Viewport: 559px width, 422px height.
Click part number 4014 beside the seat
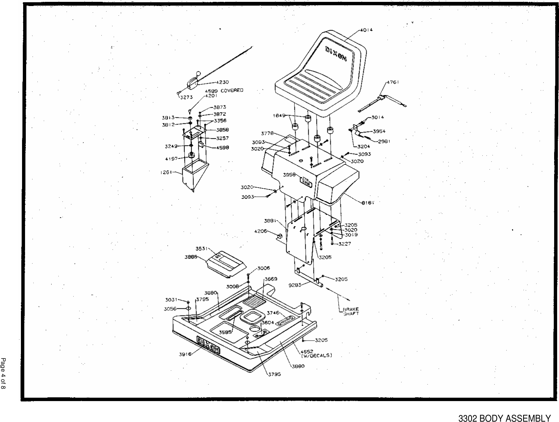367,30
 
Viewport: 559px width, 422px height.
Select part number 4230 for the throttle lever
223,82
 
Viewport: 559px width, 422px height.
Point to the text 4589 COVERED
223,90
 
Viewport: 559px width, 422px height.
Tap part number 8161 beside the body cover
368,203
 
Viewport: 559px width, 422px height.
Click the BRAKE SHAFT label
351,311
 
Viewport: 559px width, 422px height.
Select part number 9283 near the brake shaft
295,285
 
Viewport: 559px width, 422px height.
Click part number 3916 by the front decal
185,354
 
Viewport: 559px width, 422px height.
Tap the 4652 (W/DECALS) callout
316,353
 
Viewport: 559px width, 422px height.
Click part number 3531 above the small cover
202,249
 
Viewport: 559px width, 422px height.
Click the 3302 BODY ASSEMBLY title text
504,418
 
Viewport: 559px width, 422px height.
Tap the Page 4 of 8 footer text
3,374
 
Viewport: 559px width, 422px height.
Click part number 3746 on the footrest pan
273,313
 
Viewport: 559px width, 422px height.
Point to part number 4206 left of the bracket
260,231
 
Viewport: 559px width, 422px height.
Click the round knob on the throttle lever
199,73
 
